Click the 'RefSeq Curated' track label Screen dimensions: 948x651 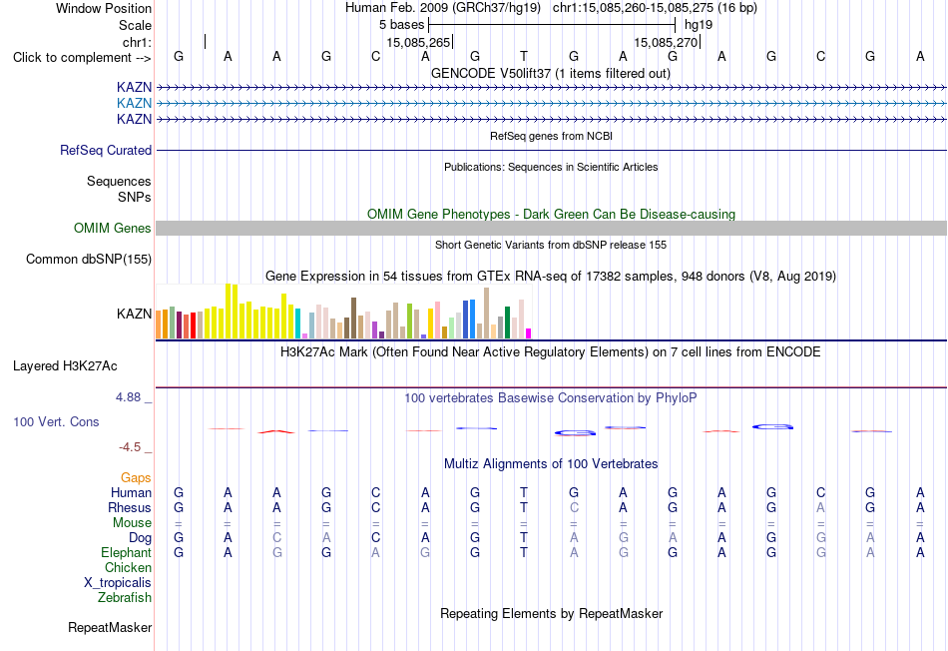point(106,150)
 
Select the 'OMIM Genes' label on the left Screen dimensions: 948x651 point(113,228)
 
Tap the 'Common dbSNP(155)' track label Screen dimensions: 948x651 point(89,259)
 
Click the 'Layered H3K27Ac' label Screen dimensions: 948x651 point(65,366)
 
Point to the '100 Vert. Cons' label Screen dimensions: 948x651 point(56,421)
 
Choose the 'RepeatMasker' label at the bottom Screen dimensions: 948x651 point(110,627)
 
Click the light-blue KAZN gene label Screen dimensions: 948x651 point(135,103)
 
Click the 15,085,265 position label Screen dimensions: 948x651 point(418,42)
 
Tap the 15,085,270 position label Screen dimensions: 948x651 point(666,42)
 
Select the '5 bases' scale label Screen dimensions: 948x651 point(402,25)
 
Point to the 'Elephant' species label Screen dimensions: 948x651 point(127,552)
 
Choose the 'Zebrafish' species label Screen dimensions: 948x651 point(125,598)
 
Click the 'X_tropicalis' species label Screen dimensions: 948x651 point(118,583)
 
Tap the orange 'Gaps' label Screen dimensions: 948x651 point(136,478)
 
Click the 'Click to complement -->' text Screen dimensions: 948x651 point(82,58)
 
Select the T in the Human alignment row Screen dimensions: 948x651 point(524,492)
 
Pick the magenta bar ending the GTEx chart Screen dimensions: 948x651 point(529,333)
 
